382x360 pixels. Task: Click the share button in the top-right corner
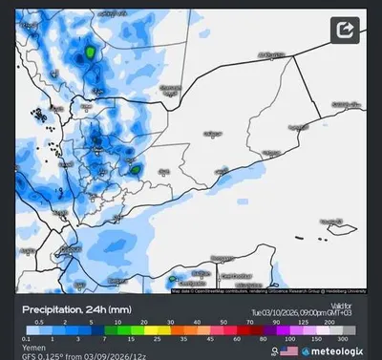[345, 32]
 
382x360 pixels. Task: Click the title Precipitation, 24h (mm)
[75, 309]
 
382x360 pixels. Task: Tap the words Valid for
[341, 305]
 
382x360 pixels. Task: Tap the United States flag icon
[288, 351]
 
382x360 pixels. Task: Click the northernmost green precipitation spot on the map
[90, 52]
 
